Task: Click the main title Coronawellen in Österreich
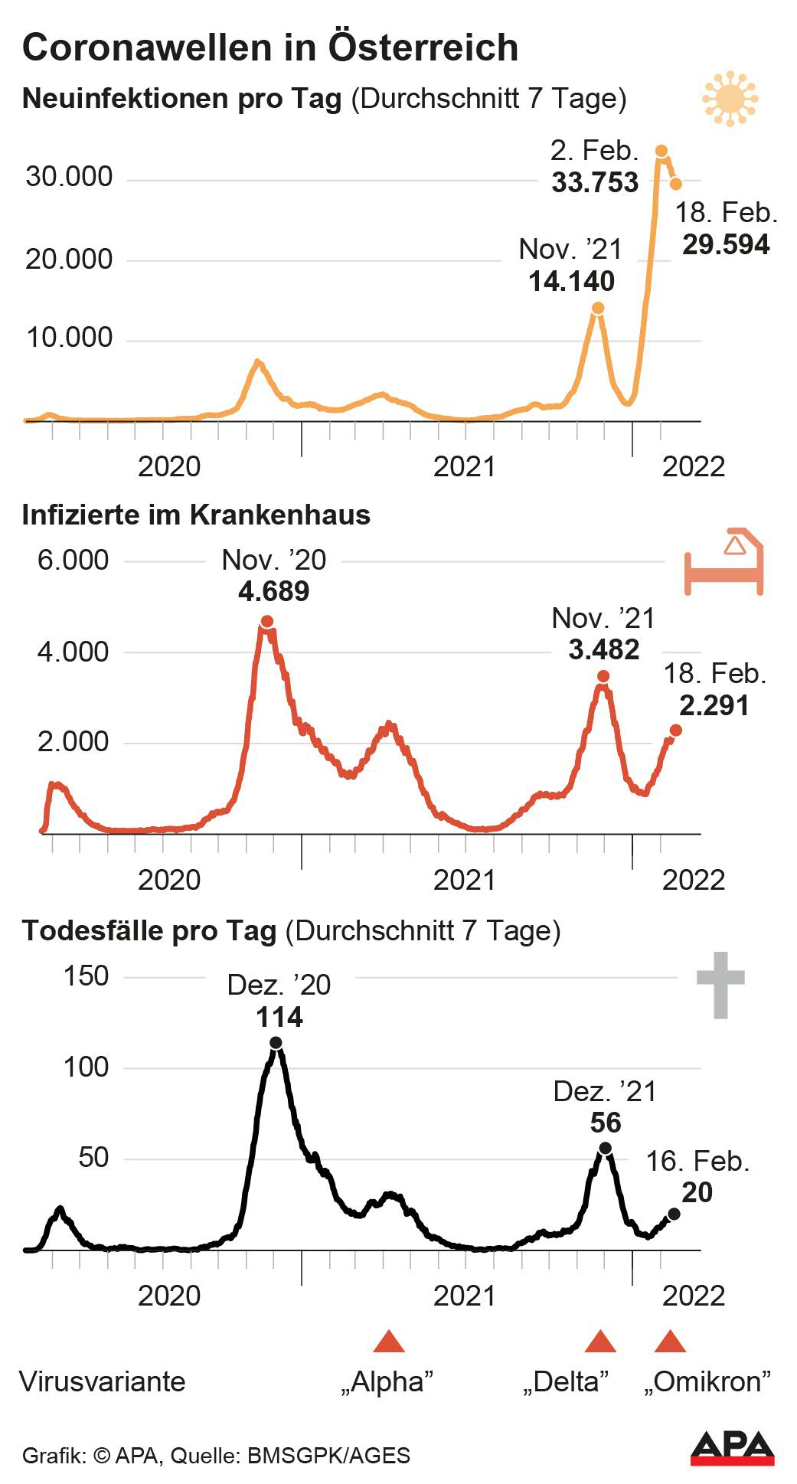coord(270,47)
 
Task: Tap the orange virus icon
coord(730,99)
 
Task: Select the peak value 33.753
coord(595,183)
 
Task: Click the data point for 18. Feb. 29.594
coord(676,184)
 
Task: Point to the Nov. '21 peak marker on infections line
coord(598,308)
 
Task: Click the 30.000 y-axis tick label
coord(69,178)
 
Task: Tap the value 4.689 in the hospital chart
coord(273,592)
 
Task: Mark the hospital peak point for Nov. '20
coord(266,621)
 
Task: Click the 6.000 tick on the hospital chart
coord(73,561)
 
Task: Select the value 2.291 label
coord(714,706)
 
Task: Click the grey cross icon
coord(720,985)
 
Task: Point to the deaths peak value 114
coord(279,1018)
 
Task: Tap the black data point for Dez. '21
coord(605,1148)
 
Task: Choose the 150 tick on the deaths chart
coord(87,976)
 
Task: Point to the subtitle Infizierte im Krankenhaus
coord(196,515)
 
